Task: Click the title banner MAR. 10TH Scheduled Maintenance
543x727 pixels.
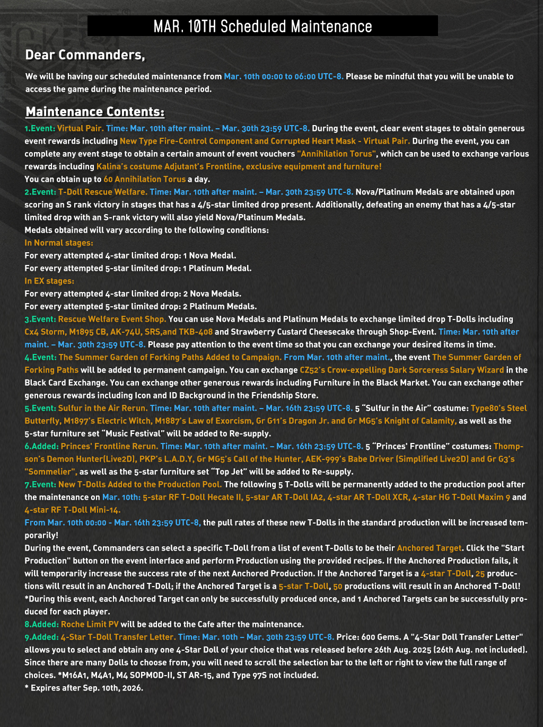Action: [x=262, y=26]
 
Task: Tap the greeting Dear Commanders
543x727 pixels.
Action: [x=85, y=55]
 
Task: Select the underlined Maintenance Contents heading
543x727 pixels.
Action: [x=95, y=112]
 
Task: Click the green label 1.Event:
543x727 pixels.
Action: [x=40, y=129]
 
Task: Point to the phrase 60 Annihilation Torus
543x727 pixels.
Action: [x=145, y=180]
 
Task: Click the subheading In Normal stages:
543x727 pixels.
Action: [x=59, y=243]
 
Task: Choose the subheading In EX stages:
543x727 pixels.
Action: [x=49, y=281]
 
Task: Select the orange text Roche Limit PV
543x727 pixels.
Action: [x=90, y=625]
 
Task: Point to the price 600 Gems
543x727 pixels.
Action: [x=361, y=637]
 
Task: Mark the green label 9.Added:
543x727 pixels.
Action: [x=41, y=637]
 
